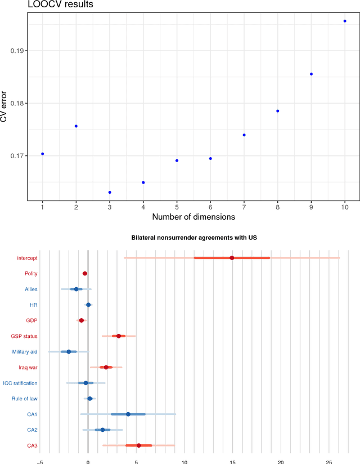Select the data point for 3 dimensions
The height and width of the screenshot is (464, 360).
coord(110,193)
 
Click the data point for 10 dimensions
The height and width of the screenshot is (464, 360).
coord(345,21)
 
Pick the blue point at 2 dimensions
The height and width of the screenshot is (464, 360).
coord(76,126)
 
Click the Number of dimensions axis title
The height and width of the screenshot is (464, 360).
coord(193,216)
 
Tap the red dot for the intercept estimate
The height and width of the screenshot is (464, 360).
coord(232,258)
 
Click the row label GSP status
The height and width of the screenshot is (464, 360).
coord(24,336)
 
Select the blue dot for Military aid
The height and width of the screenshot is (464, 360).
coord(69,351)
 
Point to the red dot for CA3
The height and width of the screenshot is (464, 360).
coord(138,445)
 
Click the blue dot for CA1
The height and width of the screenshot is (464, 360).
coord(128,414)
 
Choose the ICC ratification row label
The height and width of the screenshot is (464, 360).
coord(20,383)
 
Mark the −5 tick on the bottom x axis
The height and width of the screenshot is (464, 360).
coord(39,459)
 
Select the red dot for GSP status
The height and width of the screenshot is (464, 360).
coord(119,336)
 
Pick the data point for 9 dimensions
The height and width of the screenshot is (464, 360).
coord(311,74)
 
